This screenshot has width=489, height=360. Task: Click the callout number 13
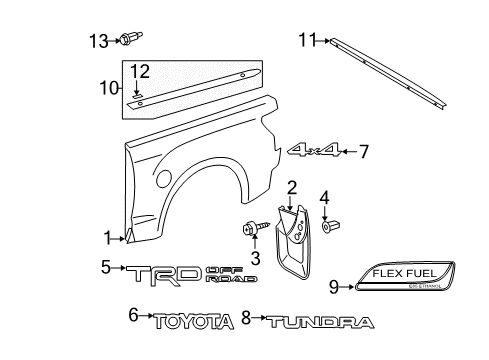95,40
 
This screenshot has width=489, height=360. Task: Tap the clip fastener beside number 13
127,41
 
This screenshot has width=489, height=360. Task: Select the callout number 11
306,40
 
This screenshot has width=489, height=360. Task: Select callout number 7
364,152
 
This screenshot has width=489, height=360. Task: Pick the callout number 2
292,186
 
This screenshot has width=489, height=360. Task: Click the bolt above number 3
246,229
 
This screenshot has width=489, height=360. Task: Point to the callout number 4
325,196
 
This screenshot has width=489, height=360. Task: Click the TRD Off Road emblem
186,274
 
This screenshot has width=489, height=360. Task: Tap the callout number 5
106,267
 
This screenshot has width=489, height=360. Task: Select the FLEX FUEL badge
409,284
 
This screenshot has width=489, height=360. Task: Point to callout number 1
106,236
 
